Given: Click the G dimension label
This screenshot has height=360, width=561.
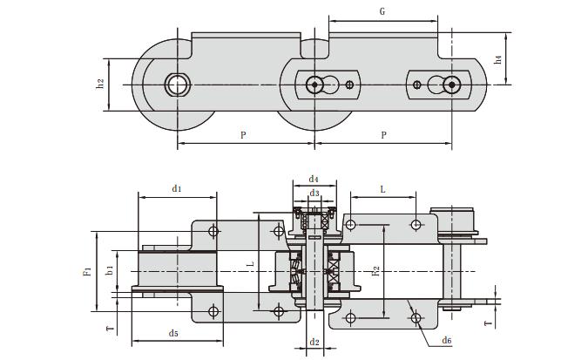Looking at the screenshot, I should tap(382, 11).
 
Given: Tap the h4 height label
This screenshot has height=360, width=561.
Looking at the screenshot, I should tap(497, 59).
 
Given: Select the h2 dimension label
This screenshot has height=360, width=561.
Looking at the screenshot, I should tap(101, 84).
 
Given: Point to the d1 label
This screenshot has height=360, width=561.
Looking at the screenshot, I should tap(176, 187).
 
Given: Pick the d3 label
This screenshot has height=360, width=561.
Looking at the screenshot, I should tap(314, 194).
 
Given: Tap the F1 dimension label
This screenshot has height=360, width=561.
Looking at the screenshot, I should tap(87, 271).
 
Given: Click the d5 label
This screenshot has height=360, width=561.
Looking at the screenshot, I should tap(174, 333).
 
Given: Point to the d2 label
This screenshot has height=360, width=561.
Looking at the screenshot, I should tap(314, 343).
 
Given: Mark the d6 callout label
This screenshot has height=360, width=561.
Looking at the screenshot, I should tap(447, 340).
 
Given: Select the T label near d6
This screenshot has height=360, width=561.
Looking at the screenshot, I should tap(488, 323).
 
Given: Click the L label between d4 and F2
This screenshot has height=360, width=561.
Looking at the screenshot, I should tap(382, 188).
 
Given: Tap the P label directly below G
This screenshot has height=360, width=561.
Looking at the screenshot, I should tap(383, 134).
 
